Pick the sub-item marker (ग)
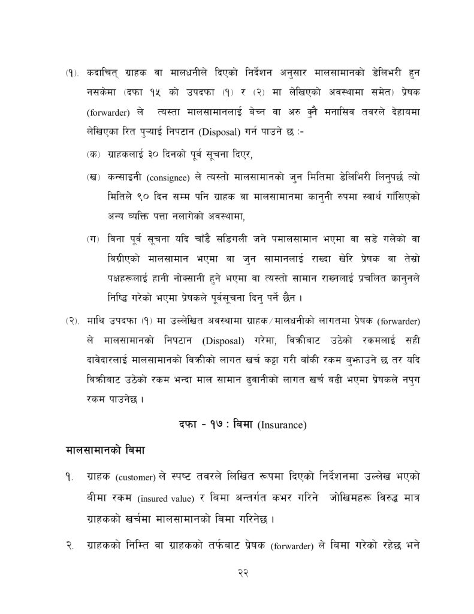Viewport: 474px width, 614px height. tap(92, 239)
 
